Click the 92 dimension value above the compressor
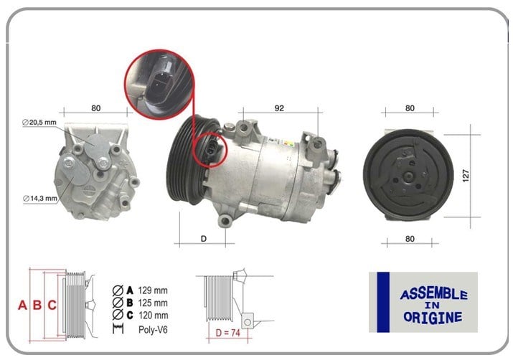(279, 108)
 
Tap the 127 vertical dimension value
(466, 176)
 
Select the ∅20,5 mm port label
(39, 123)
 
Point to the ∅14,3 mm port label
(40, 198)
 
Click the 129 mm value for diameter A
(153, 290)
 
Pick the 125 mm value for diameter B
(153, 303)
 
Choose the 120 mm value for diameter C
(153, 316)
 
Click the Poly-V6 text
(153, 329)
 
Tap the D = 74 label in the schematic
(227, 333)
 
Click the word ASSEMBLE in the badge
(434, 294)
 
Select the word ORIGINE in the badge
(433, 317)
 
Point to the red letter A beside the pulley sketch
(22, 305)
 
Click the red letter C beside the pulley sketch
(52, 305)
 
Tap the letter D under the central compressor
(204, 239)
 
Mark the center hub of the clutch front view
(408, 177)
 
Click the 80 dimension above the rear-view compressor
(96, 108)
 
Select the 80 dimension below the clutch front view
(410, 239)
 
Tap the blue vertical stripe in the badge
(383, 302)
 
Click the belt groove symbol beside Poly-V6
(118, 328)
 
